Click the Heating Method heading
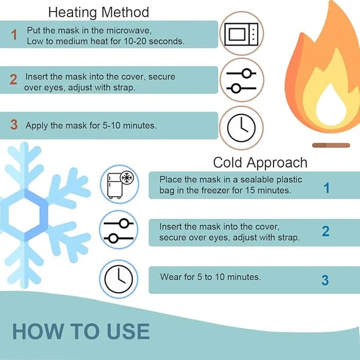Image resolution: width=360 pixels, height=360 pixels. (x=99, y=12)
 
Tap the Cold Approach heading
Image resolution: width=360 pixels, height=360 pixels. (x=260, y=163)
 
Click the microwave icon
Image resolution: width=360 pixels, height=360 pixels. (x=242, y=34)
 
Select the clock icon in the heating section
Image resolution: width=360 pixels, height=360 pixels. (x=241, y=128)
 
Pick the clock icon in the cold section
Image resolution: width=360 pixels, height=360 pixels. (x=118, y=279)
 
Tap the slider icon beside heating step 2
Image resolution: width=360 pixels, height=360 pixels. (x=242, y=81)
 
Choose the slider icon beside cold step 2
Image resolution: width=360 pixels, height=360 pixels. (x=118, y=231)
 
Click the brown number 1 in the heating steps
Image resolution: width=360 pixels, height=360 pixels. (x=15, y=35)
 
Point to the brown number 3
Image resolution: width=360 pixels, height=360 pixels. (x=14, y=124)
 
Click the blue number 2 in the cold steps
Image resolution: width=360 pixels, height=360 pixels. (x=326, y=231)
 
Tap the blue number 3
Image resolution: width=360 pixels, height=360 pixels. (x=325, y=280)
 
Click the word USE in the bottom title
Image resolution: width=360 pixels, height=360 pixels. (x=128, y=332)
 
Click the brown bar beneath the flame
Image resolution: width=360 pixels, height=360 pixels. (x=331, y=145)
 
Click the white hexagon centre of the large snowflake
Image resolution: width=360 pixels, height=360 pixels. (x=24, y=214)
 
